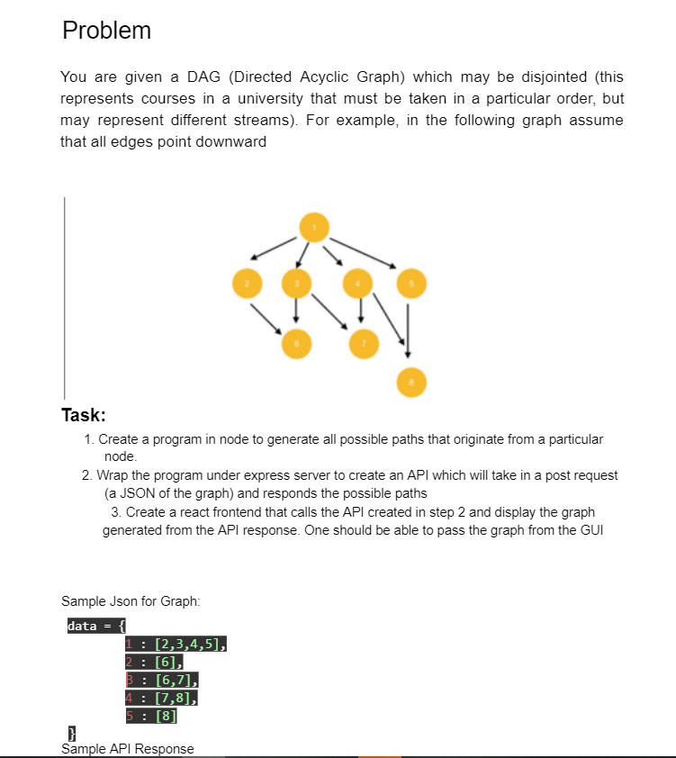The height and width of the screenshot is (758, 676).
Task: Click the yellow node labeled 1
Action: click(314, 228)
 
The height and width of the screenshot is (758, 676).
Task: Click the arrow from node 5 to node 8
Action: click(409, 329)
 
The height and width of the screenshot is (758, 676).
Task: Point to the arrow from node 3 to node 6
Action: click(296, 311)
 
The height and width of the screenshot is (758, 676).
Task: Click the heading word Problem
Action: click(106, 31)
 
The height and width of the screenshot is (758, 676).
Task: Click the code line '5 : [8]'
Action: click(151, 717)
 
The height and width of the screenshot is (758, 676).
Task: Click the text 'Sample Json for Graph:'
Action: click(131, 600)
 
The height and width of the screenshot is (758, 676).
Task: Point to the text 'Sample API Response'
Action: click(127, 749)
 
